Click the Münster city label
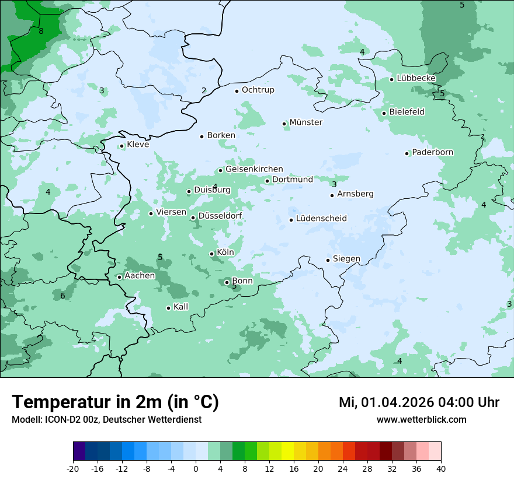pos(305,122)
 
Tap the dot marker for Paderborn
pos(407,153)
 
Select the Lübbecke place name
pos(416,78)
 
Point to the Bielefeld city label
pos(407,112)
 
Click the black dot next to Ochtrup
pos(237,91)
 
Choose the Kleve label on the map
pos(138,145)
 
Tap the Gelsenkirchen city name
pos(254,169)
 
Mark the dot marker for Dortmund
pos(268,181)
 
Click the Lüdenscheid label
pos(321,219)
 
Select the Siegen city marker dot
pos(328,260)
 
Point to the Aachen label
pos(140,276)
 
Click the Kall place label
pos(180,307)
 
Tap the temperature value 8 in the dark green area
pos(41,31)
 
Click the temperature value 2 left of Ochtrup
pos(204,90)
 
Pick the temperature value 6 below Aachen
pos(62,296)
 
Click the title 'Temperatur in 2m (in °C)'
pos(115,402)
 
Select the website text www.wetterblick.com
pos(421,420)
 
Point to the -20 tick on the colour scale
pos(73,469)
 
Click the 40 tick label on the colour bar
pos(441,469)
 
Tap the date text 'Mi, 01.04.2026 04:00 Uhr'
pos(419,403)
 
